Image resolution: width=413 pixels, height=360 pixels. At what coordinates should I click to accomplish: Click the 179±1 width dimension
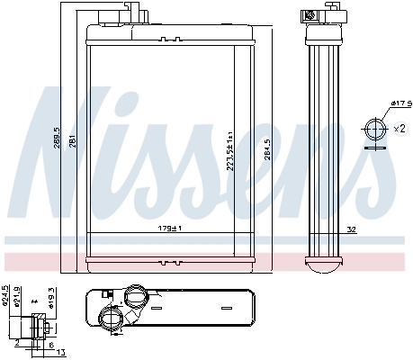click(x=169, y=229)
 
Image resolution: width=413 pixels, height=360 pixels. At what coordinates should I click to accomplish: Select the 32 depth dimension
click(x=352, y=230)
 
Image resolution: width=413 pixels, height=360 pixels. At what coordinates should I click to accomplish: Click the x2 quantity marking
click(x=399, y=129)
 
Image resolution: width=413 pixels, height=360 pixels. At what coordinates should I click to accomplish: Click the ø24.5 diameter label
click(x=5, y=296)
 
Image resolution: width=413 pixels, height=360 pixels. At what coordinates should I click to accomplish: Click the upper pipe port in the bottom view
click(x=136, y=296)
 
